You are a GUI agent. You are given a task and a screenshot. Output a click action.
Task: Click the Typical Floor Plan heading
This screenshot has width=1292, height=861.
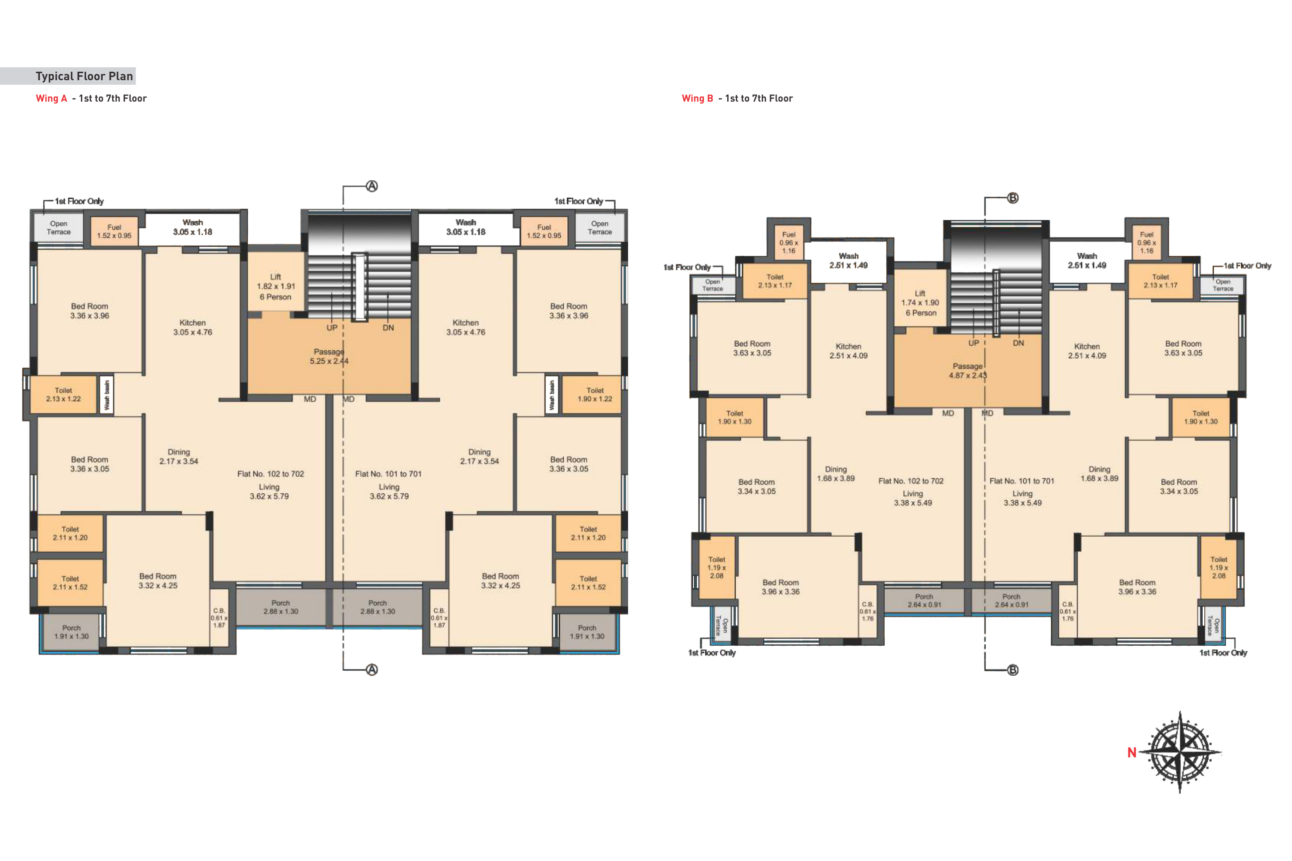point(84,76)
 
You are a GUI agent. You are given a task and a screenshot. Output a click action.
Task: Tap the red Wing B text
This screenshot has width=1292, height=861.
point(697,98)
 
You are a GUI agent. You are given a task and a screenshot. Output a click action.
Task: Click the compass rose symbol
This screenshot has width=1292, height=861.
point(1179,752)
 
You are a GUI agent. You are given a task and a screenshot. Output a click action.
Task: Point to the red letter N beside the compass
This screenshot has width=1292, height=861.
point(1131,753)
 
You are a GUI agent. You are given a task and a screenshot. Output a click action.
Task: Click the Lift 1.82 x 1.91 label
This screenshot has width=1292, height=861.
point(276,287)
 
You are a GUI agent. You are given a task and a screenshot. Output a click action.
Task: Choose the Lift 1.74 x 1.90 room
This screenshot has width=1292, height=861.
point(920,299)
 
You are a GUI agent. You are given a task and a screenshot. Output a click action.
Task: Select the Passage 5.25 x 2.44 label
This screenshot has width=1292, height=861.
point(329,356)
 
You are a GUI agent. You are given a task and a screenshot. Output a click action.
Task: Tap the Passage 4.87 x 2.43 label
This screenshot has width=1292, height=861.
point(968,371)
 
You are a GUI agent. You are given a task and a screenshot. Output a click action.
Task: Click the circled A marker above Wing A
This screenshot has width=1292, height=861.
point(372,186)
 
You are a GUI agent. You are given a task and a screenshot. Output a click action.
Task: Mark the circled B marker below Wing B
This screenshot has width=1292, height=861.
point(1012,670)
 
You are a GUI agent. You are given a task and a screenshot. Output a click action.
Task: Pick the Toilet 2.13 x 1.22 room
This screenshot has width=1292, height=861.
point(63,394)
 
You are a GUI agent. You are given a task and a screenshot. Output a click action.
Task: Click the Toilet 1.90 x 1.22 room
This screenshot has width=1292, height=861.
point(592,394)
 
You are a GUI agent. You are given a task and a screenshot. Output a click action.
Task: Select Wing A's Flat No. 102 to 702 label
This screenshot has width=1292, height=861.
point(270,474)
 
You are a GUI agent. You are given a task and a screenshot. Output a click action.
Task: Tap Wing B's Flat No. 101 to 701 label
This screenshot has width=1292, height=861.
point(1022,481)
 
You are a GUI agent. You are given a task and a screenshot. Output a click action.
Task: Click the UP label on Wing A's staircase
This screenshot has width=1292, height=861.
point(332,328)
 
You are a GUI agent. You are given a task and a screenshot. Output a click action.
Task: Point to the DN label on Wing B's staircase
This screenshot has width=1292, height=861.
point(1018,343)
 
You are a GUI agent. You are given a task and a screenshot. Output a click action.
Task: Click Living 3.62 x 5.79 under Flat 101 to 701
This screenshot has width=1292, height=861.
point(389,491)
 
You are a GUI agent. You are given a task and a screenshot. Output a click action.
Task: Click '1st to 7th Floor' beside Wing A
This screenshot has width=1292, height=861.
point(113,98)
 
